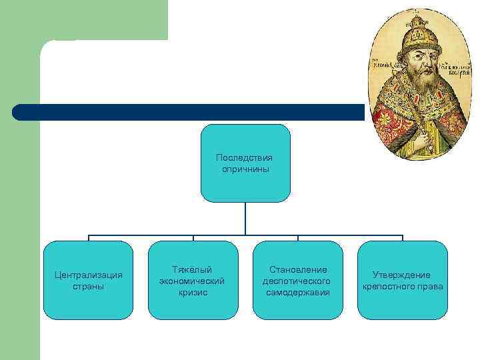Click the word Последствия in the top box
(245, 158)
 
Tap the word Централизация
(88, 275)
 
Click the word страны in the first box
(88, 287)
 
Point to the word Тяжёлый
(192, 269)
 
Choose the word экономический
(192, 281)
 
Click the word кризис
(192, 292)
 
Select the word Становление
(298, 269)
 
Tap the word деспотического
(298, 281)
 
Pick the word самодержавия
(298, 292)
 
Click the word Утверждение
(402, 275)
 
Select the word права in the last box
(430, 287)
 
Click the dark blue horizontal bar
(187, 112)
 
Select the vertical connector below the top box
(245, 218)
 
